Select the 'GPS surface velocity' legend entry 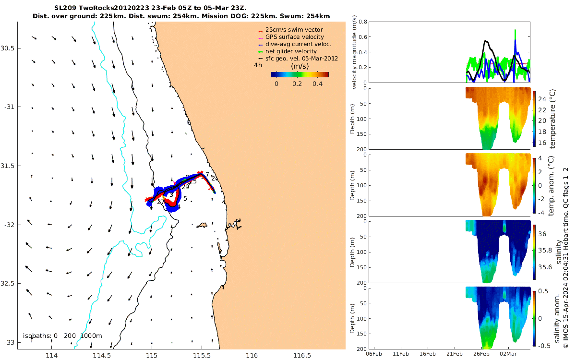[294, 37]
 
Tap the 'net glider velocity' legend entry [291, 51]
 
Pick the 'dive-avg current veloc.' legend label [298, 44]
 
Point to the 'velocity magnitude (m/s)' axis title [355, 52]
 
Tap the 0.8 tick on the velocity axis [363, 22]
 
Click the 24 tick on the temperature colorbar [541, 99]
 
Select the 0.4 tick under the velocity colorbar [317, 84]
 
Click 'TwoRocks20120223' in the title [109, 8]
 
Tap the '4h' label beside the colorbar [258, 65]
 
